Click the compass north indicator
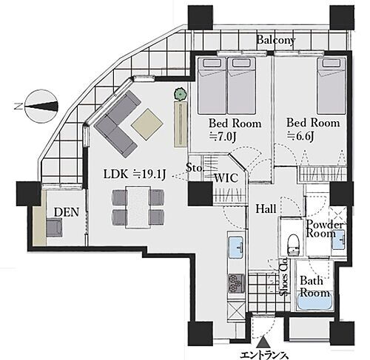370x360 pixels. pos(41,106)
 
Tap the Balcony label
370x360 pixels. pos(276,40)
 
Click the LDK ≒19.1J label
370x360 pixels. pos(135,174)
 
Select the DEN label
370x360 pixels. pos(67,212)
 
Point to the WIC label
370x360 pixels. pos(226,178)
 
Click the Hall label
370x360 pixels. pos(266,209)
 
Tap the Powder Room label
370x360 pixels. pos(324,228)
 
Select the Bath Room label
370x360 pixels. pos(314,287)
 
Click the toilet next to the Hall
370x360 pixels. pos(293,245)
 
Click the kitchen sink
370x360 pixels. pos(236,247)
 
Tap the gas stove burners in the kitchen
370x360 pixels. pos(236,283)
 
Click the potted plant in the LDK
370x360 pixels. pos(181,94)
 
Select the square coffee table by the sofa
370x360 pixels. pos(147,124)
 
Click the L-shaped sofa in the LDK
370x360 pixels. pos(118,124)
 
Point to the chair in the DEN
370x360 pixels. pos(54,228)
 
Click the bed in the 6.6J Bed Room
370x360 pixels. pos(331,86)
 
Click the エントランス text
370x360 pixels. pos(264,355)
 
